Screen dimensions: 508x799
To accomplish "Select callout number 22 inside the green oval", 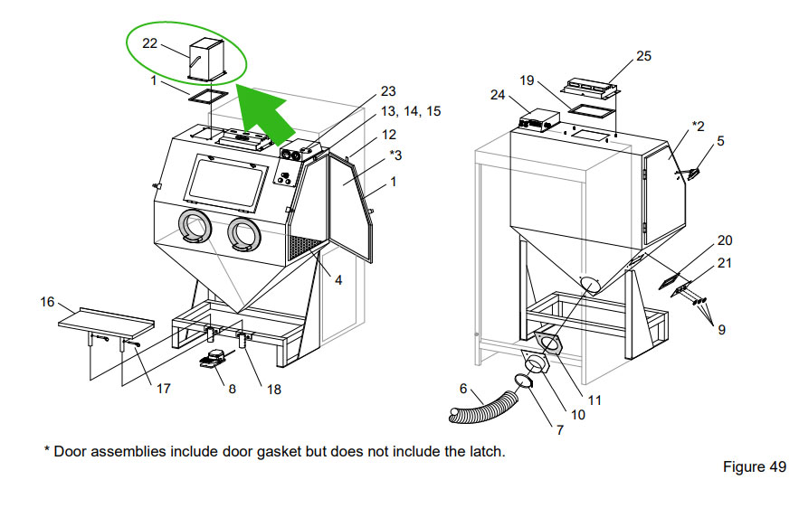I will [150, 43].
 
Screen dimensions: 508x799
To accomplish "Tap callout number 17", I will [163, 390].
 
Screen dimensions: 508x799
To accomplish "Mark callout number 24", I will [498, 93].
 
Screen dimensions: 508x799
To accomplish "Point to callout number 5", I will [721, 141].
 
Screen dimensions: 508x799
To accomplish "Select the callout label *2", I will [698, 124].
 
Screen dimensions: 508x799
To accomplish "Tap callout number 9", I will [721, 331].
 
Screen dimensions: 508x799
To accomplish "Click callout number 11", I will [594, 398].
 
